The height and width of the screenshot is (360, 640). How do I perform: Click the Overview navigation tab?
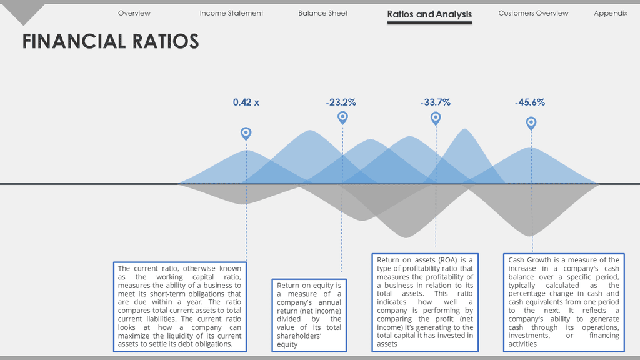[134, 13]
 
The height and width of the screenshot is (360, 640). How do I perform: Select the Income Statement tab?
[231, 13]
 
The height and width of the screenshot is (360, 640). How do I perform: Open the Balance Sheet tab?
[323, 13]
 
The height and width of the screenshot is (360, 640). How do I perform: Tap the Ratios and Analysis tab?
[429, 14]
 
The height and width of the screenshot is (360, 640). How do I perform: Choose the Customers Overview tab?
[533, 13]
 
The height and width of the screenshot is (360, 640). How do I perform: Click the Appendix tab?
[611, 13]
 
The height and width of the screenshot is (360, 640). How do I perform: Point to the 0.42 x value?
[246, 102]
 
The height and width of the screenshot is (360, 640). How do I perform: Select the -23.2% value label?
[341, 102]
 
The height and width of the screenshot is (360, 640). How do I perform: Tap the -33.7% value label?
[436, 102]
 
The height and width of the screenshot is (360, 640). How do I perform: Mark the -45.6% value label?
[530, 102]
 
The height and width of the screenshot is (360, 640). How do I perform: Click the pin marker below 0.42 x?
[246, 134]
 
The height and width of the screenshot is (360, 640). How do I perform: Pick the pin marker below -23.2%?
[343, 118]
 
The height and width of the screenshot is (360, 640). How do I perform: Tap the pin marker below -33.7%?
[436, 119]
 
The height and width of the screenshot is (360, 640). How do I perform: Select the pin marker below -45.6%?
[531, 123]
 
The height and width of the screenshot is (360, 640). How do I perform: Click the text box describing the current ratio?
[180, 306]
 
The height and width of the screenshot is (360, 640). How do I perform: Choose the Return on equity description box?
[309, 315]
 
